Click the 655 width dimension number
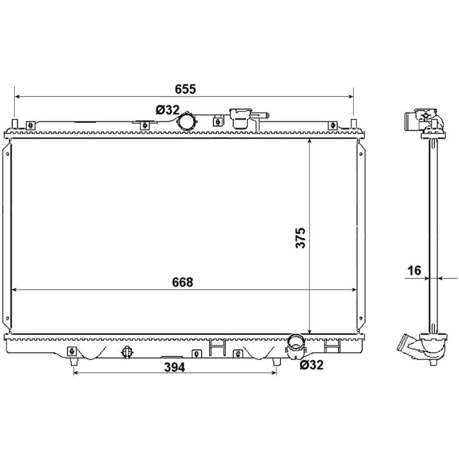click(x=185, y=89)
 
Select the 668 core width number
click(x=182, y=282)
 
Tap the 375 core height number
click(x=301, y=238)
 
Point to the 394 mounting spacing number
click(x=174, y=367)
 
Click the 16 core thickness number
click(x=414, y=271)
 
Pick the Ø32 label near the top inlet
click(x=168, y=110)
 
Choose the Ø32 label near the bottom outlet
click(x=312, y=365)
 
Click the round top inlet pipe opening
click(x=187, y=121)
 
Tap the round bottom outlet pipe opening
click(x=295, y=345)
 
